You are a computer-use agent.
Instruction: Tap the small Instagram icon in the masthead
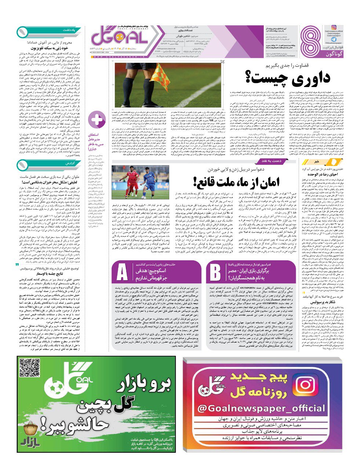(334, 28)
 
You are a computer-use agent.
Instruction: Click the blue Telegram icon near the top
(334, 39)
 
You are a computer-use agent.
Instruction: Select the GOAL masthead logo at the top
(119, 37)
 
